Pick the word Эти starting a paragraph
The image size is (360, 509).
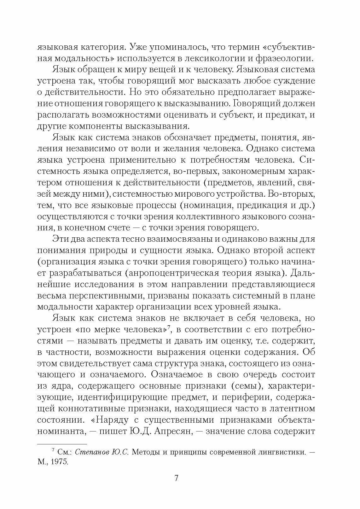(x=60, y=239)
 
